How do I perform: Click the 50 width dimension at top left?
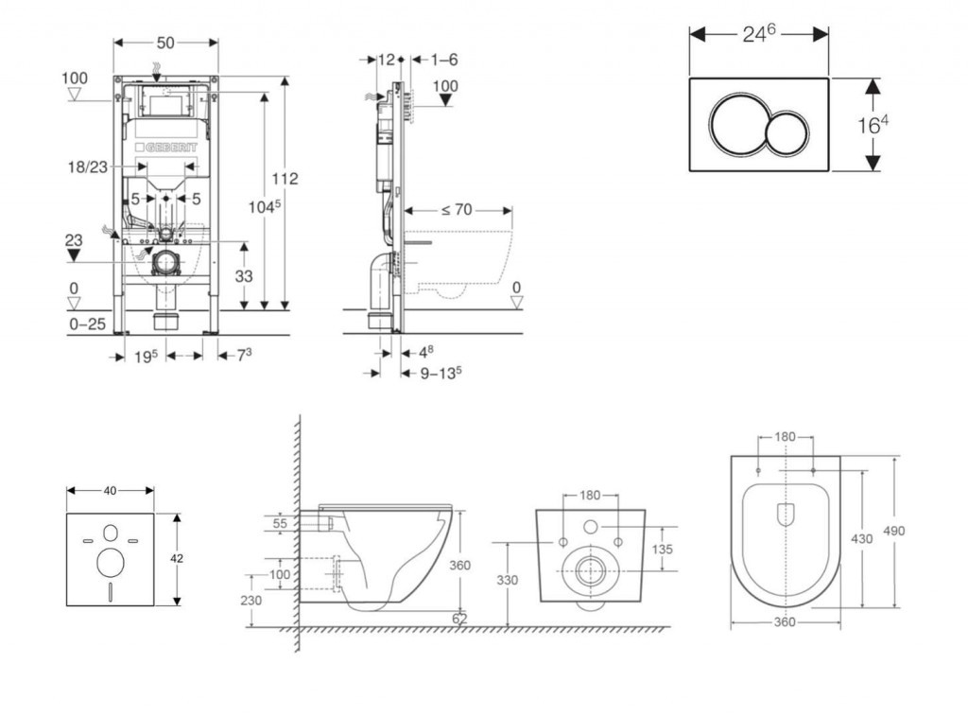click(165, 44)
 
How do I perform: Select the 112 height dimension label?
click(285, 178)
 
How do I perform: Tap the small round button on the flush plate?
click(788, 133)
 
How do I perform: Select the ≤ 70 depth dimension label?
click(456, 210)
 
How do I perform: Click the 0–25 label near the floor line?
click(86, 324)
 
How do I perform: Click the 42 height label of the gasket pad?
click(178, 559)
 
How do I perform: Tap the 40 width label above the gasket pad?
click(111, 490)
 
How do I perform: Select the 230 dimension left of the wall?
click(251, 600)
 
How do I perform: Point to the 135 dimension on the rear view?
click(661, 550)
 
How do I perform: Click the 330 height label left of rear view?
click(509, 581)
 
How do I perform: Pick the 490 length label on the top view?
click(893, 531)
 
